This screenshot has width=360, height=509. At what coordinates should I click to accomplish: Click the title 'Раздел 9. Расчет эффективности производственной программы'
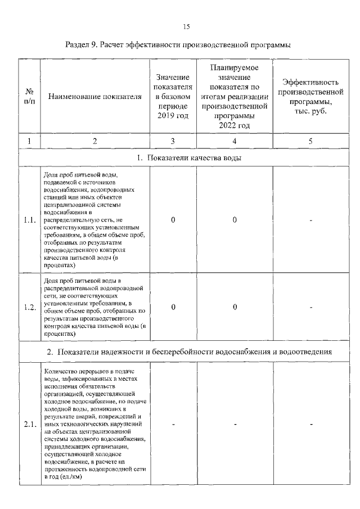pos(181,44)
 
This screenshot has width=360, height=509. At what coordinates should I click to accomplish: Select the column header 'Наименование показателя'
pos(95,97)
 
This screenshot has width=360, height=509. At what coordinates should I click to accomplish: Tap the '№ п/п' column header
pos(29,96)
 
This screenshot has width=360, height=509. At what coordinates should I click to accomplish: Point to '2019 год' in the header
pos(173,115)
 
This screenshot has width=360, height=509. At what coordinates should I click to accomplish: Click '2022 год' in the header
pos(234,125)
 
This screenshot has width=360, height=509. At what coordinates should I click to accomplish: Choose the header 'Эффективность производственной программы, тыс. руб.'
pos(310,96)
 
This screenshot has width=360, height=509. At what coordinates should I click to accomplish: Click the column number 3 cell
pos(173,141)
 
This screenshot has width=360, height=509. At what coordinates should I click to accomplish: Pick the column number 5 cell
pos(310,141)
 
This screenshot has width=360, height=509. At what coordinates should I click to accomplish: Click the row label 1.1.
pos(30,220)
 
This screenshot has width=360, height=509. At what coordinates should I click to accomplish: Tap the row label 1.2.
pos(30,307)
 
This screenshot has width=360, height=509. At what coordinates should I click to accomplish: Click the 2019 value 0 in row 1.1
pos(173,220)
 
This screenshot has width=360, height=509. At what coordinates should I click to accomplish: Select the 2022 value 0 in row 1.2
pos(234,307)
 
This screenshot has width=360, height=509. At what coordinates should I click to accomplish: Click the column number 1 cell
pos(29,141)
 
